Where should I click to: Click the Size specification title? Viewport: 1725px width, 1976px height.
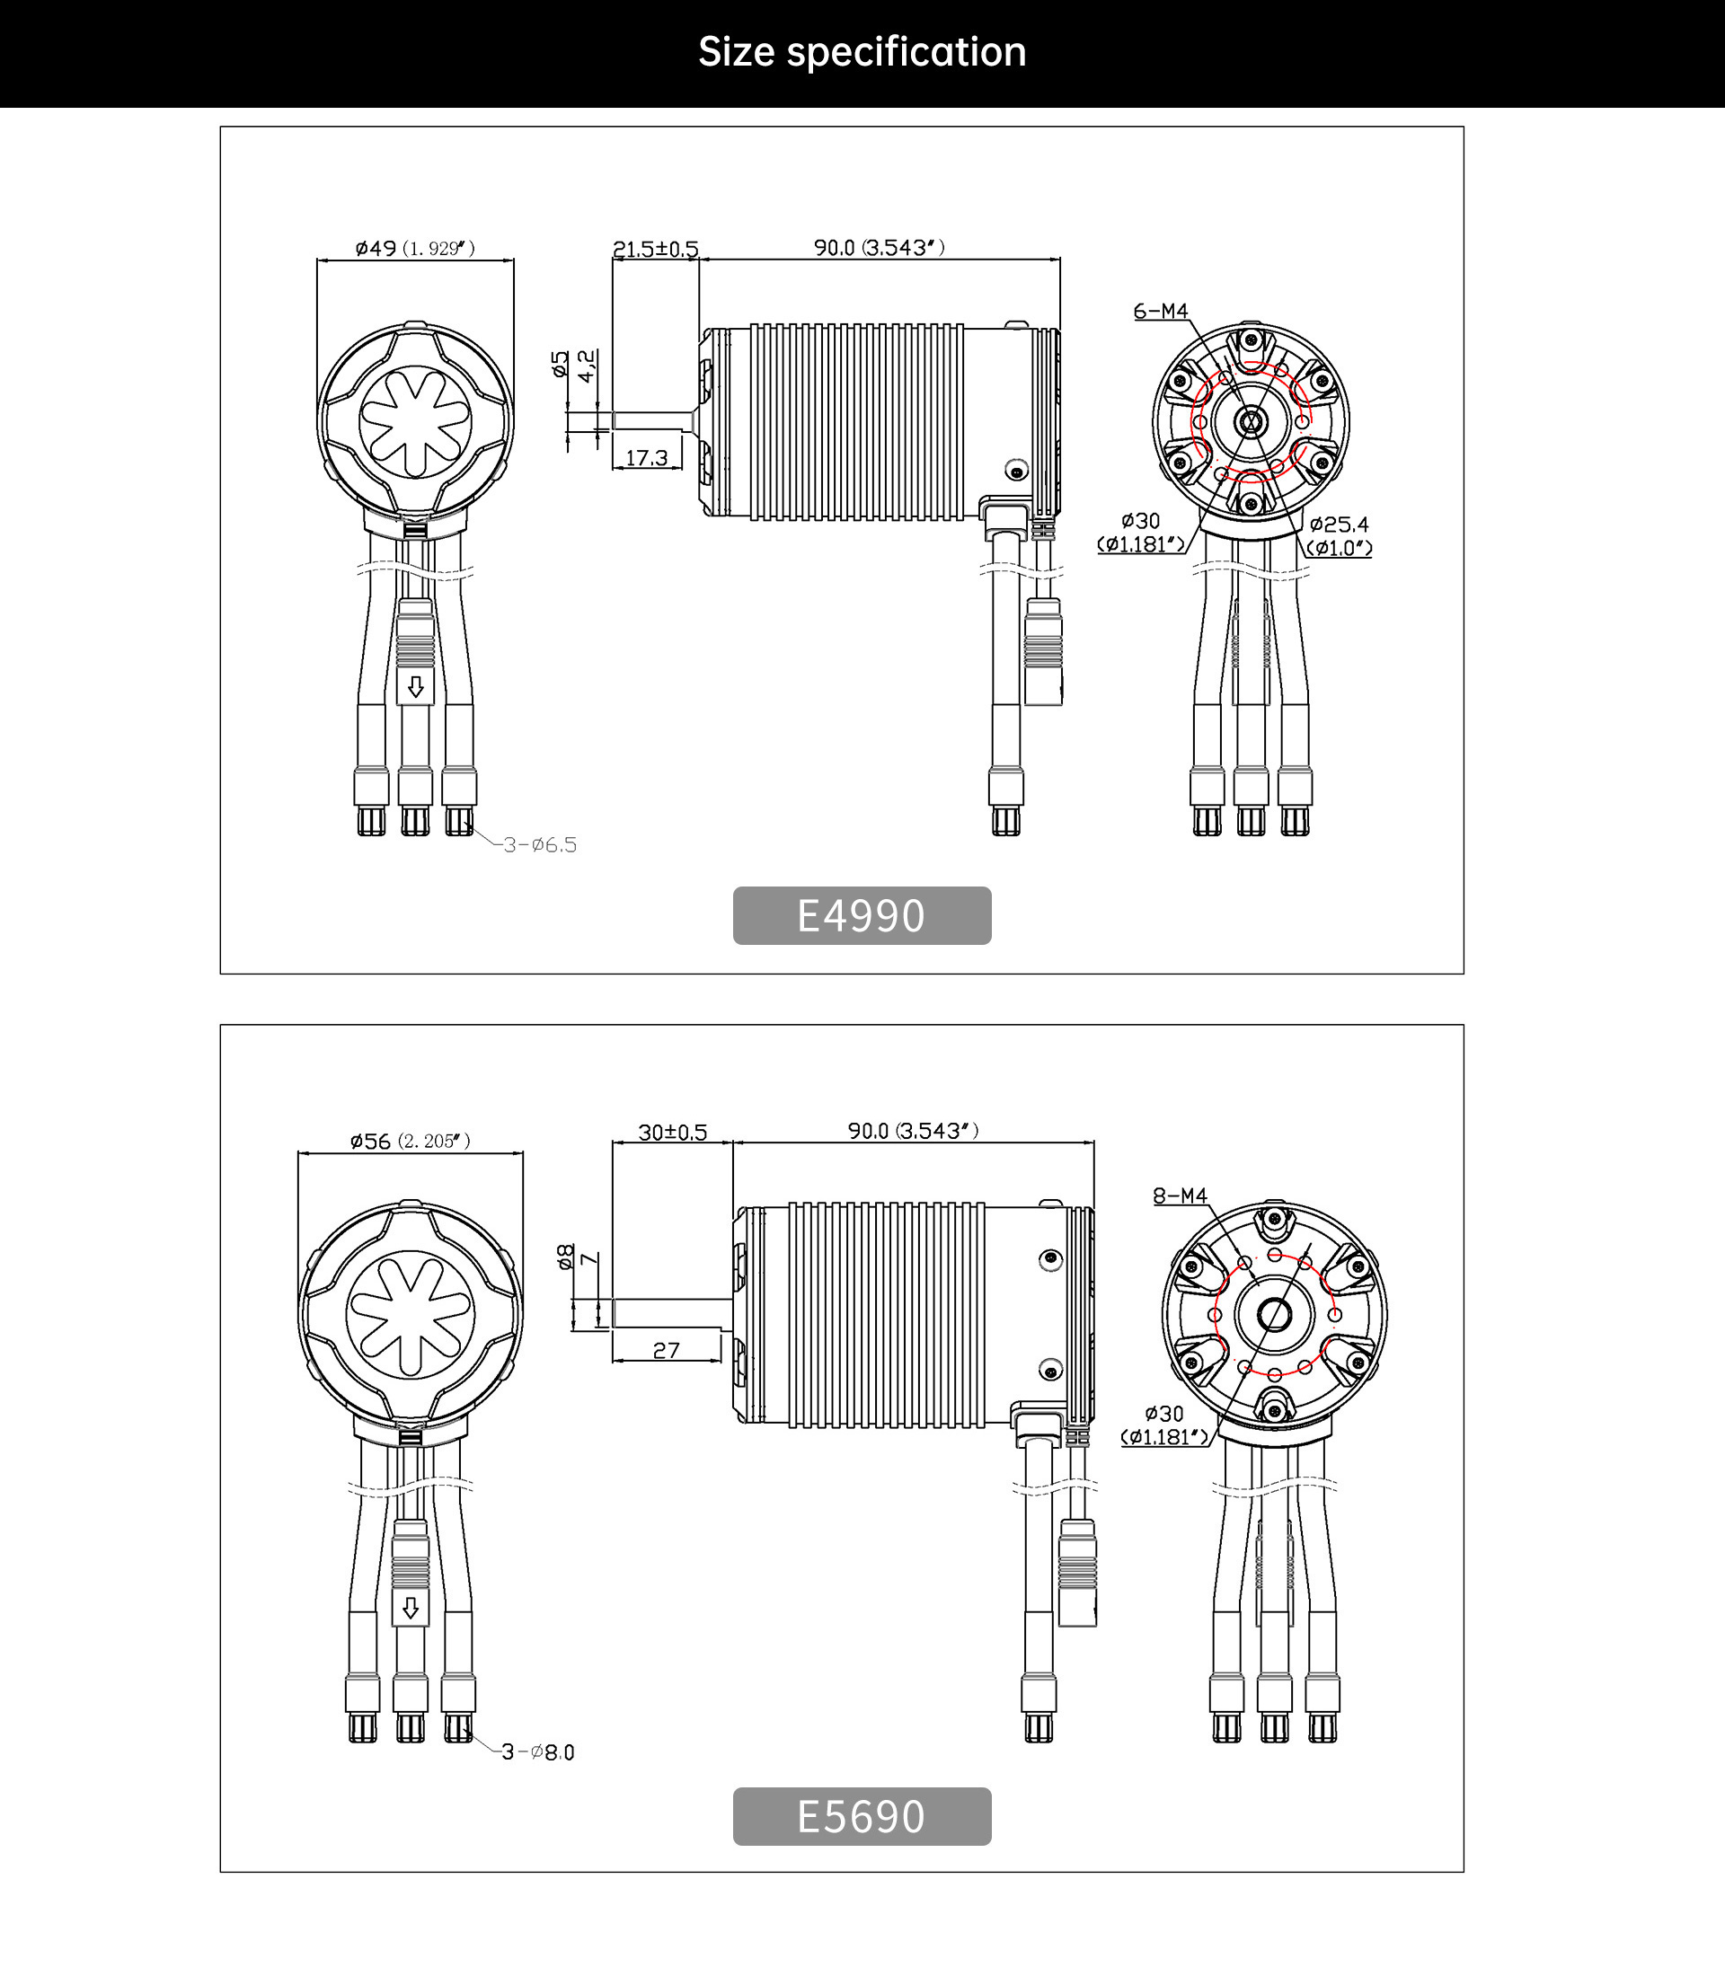point(862,52)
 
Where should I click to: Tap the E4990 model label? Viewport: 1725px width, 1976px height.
point(862,915)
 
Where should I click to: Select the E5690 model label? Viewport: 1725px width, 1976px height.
point(862,1816)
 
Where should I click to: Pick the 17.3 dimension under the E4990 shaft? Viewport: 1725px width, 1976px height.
point(647,457)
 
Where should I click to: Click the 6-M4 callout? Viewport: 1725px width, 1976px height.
point(1161,311)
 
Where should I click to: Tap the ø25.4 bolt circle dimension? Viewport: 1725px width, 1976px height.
point(1339,525)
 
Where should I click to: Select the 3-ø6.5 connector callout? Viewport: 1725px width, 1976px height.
point(540,845)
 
